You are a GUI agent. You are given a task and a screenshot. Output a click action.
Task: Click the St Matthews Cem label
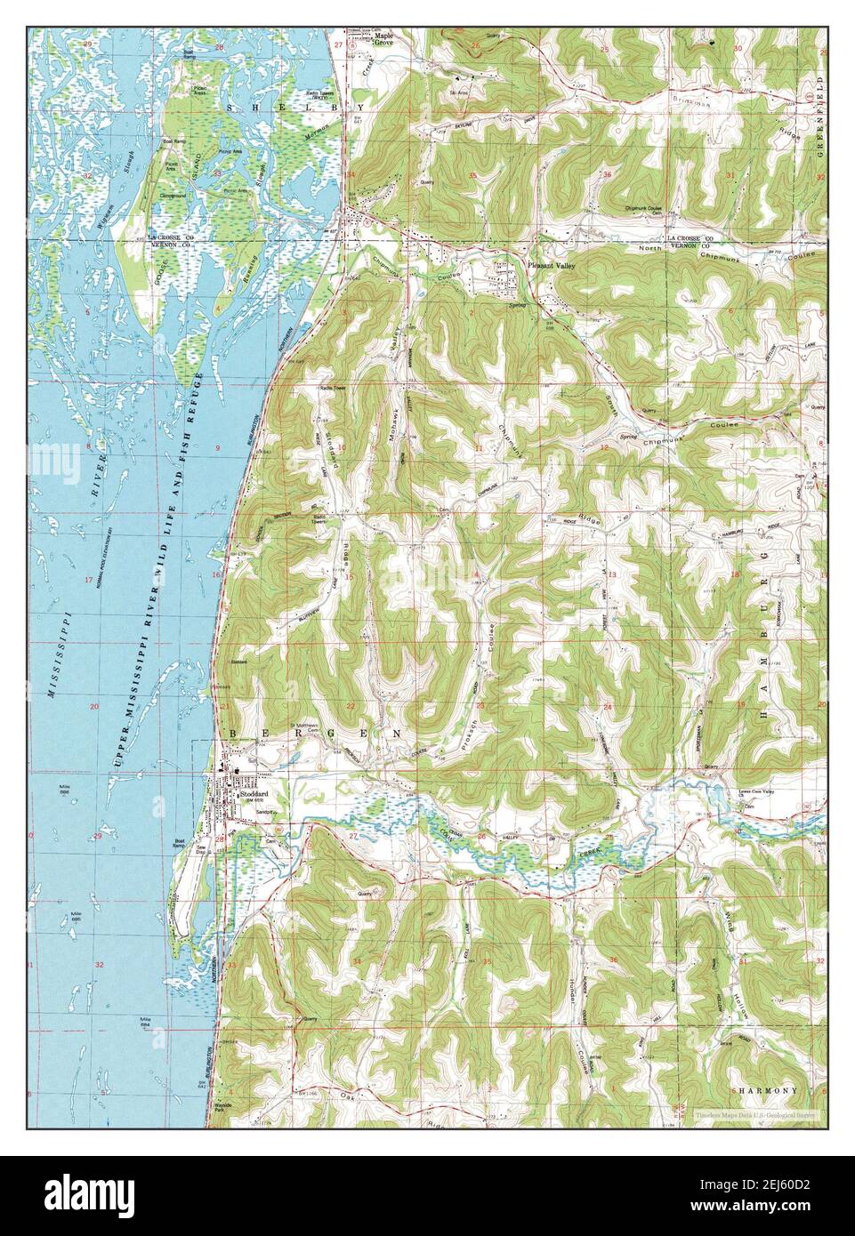[307, 726]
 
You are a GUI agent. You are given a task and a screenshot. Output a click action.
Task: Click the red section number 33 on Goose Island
[216, 173]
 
